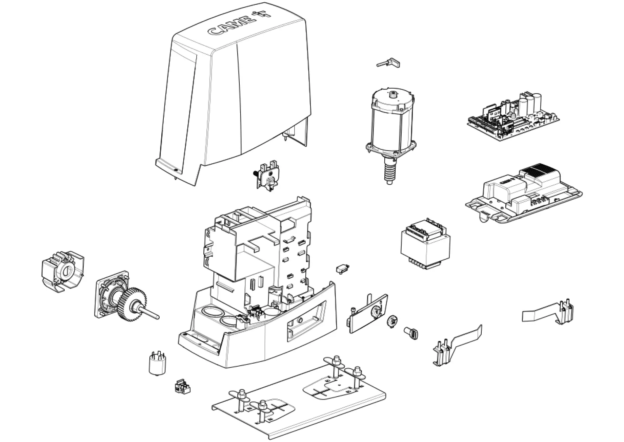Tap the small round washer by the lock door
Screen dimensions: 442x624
tap(392, 321)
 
